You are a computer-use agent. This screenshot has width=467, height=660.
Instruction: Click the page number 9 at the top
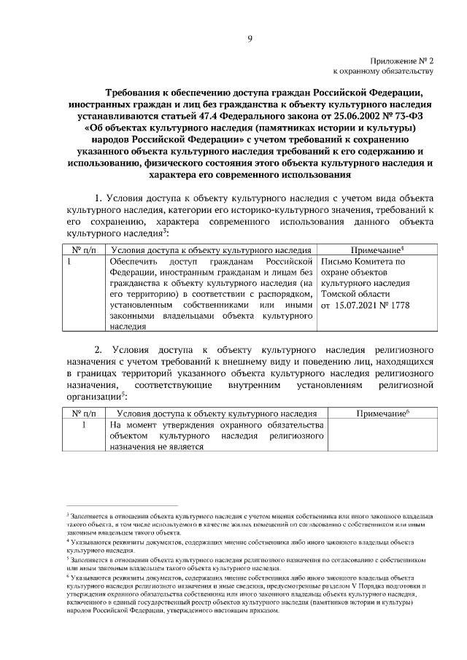[249, 39]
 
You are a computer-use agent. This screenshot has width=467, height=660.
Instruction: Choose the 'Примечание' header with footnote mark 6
[381, 414]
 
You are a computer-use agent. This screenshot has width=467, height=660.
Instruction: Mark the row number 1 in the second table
[85, 424]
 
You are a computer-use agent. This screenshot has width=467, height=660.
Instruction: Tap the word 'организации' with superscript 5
[93, 395]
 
